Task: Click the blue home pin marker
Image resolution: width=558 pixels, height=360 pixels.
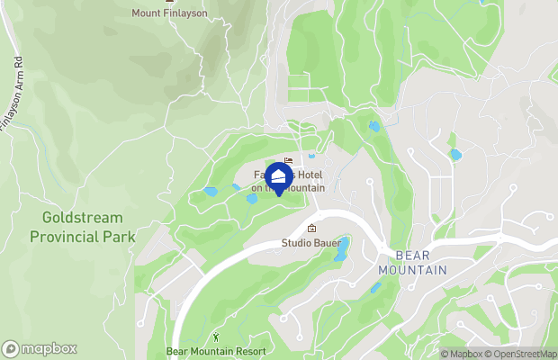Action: point(279,176)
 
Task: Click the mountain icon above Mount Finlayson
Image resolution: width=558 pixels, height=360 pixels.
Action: point(168,2)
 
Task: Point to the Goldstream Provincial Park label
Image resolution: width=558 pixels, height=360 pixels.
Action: point(82,227)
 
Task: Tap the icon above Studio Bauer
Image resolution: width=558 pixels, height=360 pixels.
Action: point(311,229)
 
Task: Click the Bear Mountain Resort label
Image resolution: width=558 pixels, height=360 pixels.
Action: point(216,351)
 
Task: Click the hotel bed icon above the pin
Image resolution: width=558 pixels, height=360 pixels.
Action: point(288,160)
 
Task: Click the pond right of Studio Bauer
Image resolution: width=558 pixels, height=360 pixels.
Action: point(341,249)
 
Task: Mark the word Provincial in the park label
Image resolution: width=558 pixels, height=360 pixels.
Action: point(82,236)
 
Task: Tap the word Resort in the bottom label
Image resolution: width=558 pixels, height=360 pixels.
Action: point(249,351)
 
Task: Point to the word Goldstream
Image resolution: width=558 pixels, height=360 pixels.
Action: point(82,218)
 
